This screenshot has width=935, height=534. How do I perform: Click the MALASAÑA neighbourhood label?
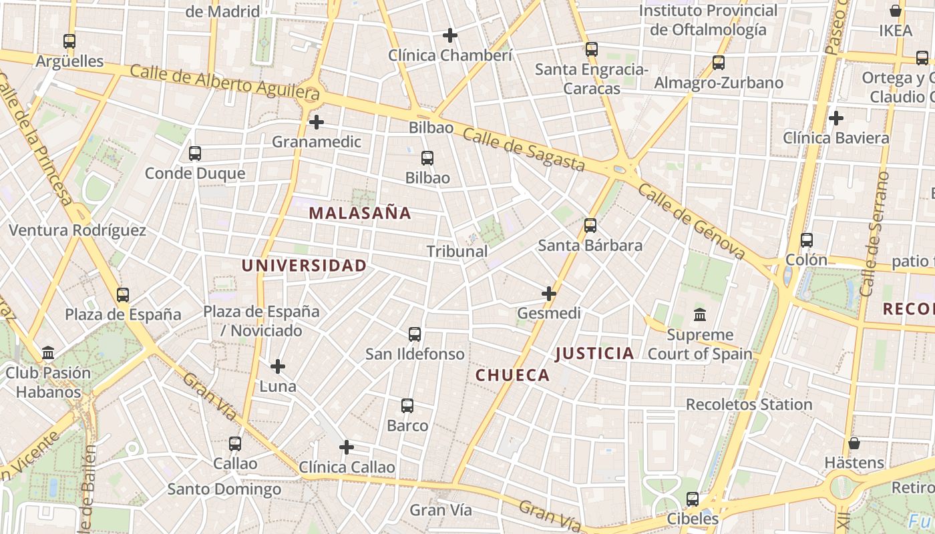click(x=360, y=214)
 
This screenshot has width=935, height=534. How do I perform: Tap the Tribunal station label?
click(x=457, y=252)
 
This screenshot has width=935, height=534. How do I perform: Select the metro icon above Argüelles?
click(x=69, y=41)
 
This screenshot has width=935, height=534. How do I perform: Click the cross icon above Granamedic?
click(x=317, y=122)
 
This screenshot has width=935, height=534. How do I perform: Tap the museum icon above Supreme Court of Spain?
click(x=700, y=314)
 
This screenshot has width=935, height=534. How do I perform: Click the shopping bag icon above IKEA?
click(x=896, y=11)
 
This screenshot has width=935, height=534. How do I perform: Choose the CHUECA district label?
click(x=512, y=376)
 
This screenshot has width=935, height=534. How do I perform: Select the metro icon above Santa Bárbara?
click(x=590, y=226)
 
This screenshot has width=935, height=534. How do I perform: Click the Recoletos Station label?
click(x=749, y=405)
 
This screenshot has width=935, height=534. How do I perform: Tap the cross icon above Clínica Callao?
click(x=346, y=447)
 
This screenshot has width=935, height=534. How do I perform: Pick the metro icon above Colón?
click(x=807, y=240)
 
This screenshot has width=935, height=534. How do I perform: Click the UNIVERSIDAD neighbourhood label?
click(x=304, y=266)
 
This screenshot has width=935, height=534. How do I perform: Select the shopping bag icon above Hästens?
click(x=854, y=443)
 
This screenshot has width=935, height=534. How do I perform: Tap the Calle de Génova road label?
click(x=691, y=221)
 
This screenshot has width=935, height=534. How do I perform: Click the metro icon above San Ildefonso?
click(x=415, y=334)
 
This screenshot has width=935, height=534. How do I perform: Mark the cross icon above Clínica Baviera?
click(x=835, y=119)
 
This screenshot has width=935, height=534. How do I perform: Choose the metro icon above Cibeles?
click(x=693, y=499)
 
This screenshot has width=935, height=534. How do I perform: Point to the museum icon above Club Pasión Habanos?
click(x=48, y=352)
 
